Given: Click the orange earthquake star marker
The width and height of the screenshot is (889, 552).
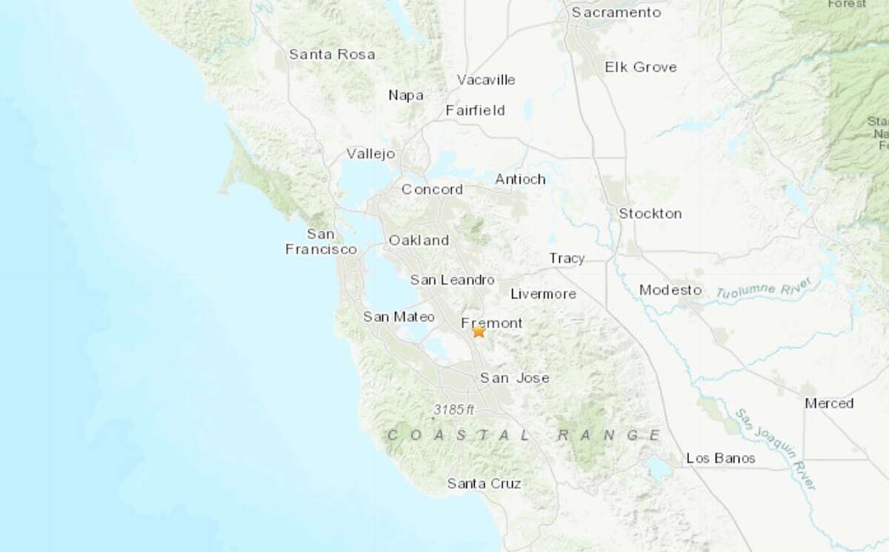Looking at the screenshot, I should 479,332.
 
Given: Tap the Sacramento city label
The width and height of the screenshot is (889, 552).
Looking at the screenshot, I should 616,13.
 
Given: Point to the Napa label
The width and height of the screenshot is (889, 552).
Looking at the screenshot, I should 406,95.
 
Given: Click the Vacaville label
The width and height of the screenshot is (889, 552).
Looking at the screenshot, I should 486,80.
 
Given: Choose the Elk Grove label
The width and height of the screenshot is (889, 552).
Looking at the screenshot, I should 641,67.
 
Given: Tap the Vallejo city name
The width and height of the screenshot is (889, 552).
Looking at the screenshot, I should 371,154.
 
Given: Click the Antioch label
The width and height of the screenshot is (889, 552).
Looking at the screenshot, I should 520,179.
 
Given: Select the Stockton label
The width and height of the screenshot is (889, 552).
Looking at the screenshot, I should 650,213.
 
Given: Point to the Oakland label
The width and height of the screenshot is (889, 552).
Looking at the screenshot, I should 419,240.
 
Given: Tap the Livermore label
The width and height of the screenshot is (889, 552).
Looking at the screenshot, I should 543,294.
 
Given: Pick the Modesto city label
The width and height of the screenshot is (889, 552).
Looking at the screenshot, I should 670,289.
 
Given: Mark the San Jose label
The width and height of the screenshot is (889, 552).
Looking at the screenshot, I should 515,378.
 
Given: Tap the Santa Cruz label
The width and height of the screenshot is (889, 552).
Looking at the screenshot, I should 484,484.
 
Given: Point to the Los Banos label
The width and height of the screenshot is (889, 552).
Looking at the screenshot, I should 721,458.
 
